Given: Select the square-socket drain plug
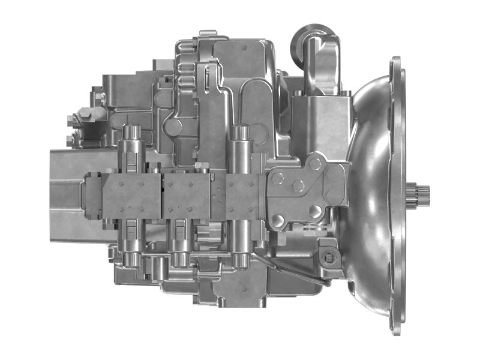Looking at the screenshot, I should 327,259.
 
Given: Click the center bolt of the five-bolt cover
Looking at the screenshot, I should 298,186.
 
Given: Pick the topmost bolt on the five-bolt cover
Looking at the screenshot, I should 315,163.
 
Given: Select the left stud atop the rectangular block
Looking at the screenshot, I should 297,94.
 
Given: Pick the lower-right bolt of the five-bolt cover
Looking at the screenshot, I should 315,211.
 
